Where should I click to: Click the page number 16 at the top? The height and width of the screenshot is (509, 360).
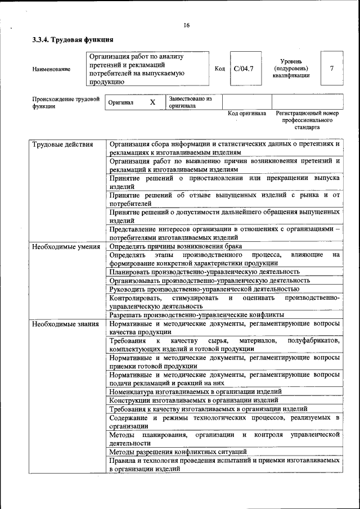186,25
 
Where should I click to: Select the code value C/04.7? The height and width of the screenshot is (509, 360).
244,69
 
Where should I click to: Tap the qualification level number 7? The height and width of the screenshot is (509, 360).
332,69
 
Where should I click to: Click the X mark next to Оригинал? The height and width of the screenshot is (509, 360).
152,102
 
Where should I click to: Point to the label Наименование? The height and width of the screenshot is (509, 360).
52,69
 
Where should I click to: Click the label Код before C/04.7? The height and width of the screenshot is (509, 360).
220,69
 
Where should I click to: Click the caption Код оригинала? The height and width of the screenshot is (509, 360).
246,113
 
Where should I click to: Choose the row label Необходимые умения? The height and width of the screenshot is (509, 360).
66,246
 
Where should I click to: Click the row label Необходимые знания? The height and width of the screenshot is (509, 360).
65,324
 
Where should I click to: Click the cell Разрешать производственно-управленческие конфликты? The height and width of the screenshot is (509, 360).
196,315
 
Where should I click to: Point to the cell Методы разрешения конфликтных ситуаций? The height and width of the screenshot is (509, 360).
178,452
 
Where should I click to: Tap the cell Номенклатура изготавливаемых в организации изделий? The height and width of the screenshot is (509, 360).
195,391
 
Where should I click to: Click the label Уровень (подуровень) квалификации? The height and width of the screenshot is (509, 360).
291,69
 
